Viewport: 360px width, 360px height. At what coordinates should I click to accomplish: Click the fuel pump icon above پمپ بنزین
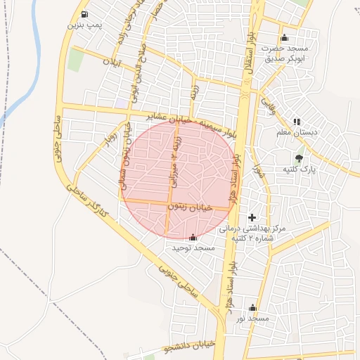[85, 14]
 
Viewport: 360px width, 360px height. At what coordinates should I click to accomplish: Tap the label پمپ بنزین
[85, 25]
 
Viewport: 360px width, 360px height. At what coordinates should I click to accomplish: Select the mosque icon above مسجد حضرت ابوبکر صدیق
[284, 38]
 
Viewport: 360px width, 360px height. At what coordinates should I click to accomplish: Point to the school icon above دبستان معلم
[297, 122]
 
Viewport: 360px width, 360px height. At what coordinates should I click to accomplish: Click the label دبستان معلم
[297, 131]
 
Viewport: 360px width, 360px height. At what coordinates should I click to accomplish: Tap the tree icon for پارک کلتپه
[300, 158]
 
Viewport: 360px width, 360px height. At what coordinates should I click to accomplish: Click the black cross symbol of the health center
[252, 218]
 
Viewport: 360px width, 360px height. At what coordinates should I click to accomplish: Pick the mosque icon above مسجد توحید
[193, 238]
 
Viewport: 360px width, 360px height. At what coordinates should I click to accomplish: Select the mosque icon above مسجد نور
[253, 308]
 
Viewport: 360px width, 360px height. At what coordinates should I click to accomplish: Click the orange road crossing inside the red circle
[169, 206]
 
